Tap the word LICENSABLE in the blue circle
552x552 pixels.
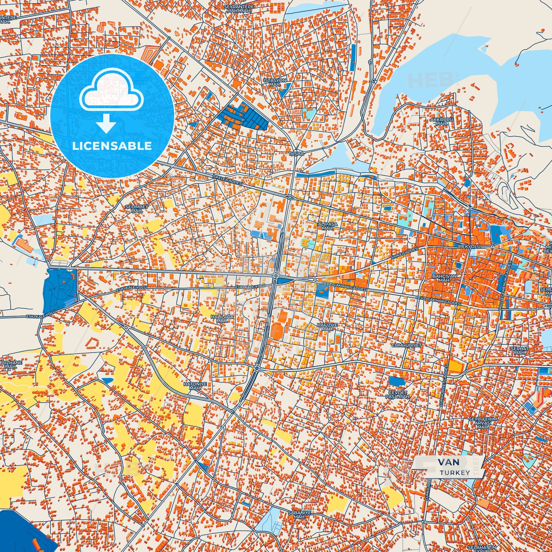(112, 146)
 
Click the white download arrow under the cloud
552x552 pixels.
(106, 123)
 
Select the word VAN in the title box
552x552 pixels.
(448, 462)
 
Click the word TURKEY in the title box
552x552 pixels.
(455, 473)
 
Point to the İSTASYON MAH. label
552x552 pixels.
(275, 82)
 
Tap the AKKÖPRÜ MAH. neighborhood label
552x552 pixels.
(441, 121)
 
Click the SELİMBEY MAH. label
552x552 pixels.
(137, 209)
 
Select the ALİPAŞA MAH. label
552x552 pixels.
(327, 226)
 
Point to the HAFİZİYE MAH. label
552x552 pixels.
(327, 327)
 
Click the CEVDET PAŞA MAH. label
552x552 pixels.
(398, 395)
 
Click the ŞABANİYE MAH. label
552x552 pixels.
(299, 514)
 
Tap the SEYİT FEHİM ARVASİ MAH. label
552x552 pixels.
(483, 423)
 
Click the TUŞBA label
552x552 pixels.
(296, 154)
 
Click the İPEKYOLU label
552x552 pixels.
(469, 247)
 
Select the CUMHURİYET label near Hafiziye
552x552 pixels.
(406, 345)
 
